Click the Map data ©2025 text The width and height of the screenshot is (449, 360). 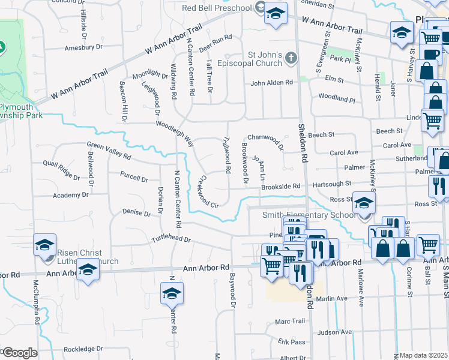tap(424, 355)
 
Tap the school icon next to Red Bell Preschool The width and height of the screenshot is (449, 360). tap(276, 14)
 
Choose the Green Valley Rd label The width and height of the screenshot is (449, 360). tap(109, 150)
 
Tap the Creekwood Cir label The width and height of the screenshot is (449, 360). tap(208, 191)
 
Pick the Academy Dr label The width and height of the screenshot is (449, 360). tap(70, 195)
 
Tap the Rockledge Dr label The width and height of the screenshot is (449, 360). tap(83, 349)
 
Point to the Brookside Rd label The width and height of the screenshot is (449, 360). tap(280, 187)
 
